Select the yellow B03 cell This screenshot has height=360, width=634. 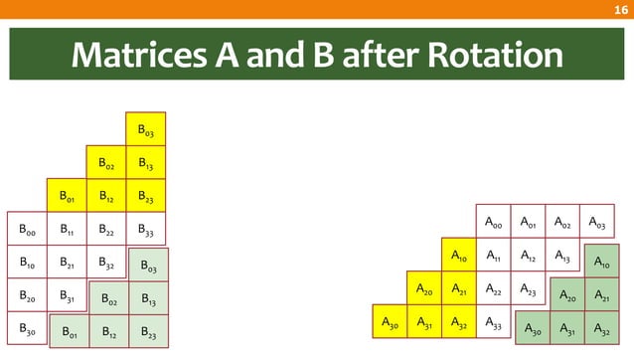coord(145,129)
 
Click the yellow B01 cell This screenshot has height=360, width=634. coord(67,196)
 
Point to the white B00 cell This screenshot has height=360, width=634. coord(27,230)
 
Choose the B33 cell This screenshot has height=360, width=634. coord(145,230)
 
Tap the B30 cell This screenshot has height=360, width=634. coord(27,328)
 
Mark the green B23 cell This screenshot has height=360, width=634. coord(148,330)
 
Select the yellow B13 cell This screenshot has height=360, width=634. coord(145,162)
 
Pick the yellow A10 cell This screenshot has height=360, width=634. coord(459,256)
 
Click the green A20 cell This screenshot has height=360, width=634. coord(566,295)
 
